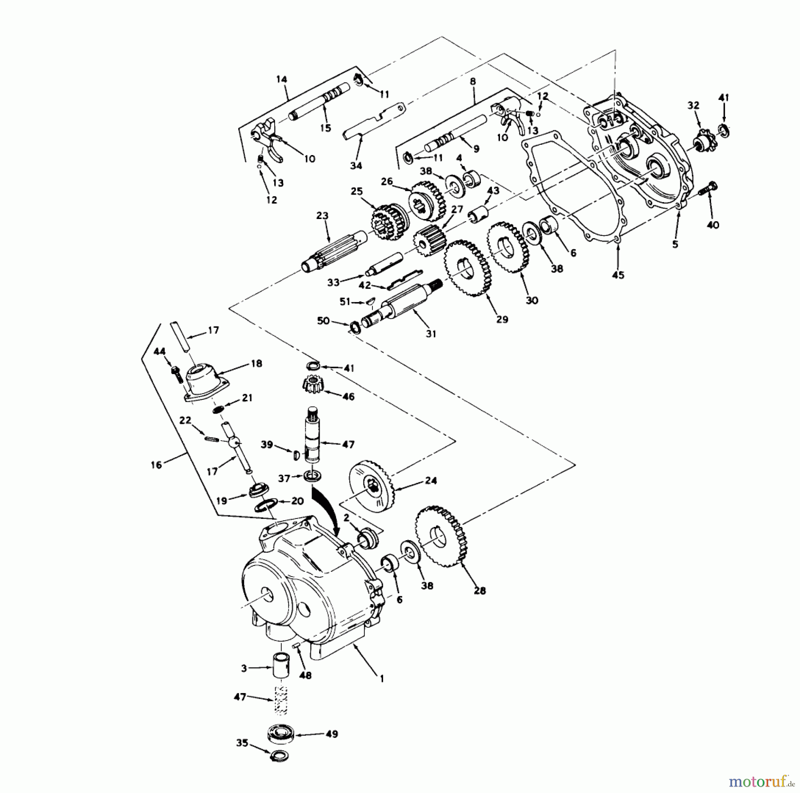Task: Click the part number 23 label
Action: pos(322,216)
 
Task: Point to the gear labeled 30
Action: pos(507,247)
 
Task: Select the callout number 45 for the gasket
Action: pos(618,275)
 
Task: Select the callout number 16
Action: pos(156,465)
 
